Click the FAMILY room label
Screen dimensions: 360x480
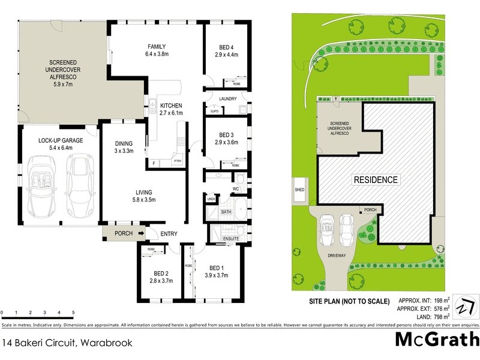(x=157, y=47)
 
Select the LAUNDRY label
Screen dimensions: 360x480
(x=228, y=99)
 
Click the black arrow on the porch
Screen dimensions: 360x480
(x=141, y=233)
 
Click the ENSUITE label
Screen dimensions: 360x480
(x=231, y=239)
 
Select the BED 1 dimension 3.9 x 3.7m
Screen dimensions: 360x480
(x=215, y=275)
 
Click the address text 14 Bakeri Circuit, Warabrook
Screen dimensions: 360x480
(x=67, y=344)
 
